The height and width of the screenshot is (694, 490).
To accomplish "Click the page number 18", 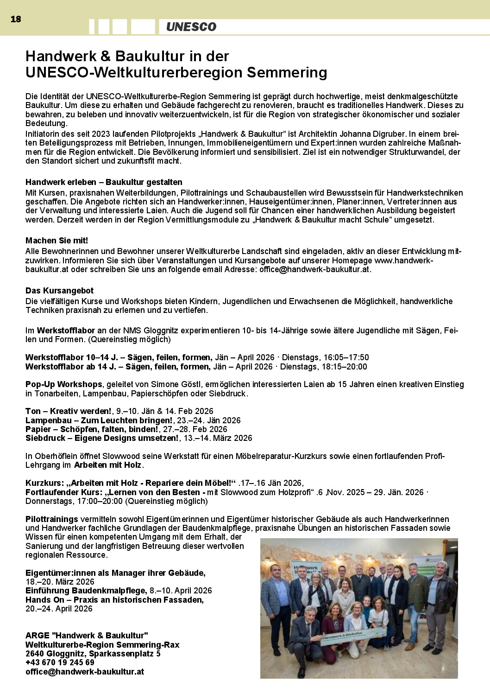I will (x=16, y=19).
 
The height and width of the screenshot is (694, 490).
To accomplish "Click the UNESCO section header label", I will (x=191, y=27).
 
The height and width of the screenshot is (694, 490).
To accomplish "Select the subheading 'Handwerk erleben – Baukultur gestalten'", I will (x=104, y=182).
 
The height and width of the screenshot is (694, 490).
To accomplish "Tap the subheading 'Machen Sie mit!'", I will (x=57, y=241).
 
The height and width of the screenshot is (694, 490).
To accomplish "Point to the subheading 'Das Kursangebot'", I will (x=59, y=291).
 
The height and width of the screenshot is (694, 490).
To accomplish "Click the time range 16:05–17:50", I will (x=346, y=357).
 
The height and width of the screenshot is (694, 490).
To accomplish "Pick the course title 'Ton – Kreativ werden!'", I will (x=68, y=411).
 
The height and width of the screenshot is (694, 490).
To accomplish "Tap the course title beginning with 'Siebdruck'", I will (x=102, y=438).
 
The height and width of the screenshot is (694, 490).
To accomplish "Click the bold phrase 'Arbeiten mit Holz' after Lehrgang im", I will (x=107, y=465).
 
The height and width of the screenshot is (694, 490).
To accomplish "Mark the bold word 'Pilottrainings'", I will (x=52, y=519).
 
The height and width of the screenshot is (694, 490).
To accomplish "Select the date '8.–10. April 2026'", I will (x=181, y=591).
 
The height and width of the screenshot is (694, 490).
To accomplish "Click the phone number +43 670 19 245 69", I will (x=60, y=662).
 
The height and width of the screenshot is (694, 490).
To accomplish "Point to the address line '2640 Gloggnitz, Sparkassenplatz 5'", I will (x=93, y=654).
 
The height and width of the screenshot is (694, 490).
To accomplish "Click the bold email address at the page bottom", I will (x=85, y=671).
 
